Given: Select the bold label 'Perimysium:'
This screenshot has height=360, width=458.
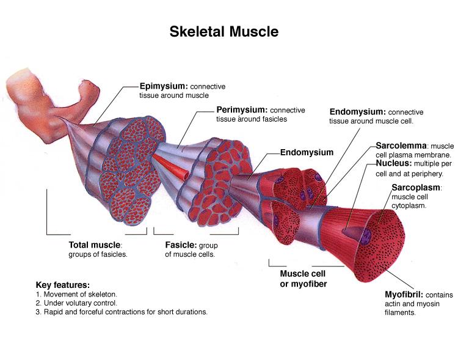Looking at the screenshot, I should click(242, 110).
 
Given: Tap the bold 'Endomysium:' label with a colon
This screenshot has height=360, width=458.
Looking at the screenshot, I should click(357, 112).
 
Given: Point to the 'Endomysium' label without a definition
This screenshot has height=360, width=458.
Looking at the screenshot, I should click(307, 152).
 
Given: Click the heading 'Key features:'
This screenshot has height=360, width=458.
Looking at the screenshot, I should click(63, 285).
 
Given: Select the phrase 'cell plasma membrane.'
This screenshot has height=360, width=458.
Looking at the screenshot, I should click(404, 156).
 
